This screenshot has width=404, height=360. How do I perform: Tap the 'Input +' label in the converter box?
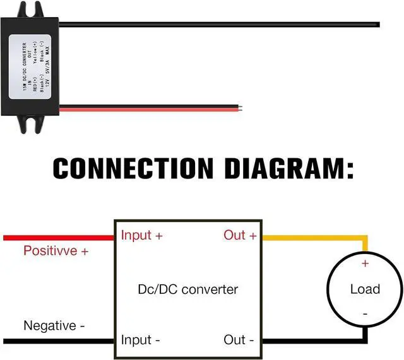pyautogui.click(x=142, y=235)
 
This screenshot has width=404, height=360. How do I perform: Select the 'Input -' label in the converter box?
pyautogui.click(x=141, y=340)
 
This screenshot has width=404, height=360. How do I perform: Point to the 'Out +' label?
pyautogui.click(x=240, y=235)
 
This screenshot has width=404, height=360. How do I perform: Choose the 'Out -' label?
pyautogui.click(x=239, y=340)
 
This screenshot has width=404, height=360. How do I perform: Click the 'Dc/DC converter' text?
pyautogui.click(x=187, y=289)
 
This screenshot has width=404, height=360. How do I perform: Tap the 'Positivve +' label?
pyautogui.click(x=56, y=251)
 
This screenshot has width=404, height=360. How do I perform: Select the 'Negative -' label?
pyautogui.click(x=54, y=326)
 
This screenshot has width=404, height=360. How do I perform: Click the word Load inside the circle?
pyautogui.click(x=365, y=289)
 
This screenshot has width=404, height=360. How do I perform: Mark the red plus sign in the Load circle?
pyautogui.click(x=365, y=263)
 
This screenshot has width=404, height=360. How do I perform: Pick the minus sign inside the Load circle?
pyautogui.click(x=365, y=313)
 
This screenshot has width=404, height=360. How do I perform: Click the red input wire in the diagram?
pyautogui.click(x=57, y=237)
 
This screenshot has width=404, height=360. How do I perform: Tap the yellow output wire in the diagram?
pyautogui.click(x=316, y=238)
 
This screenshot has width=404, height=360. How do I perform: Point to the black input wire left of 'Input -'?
pyautogui.click(x=57, y=341)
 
